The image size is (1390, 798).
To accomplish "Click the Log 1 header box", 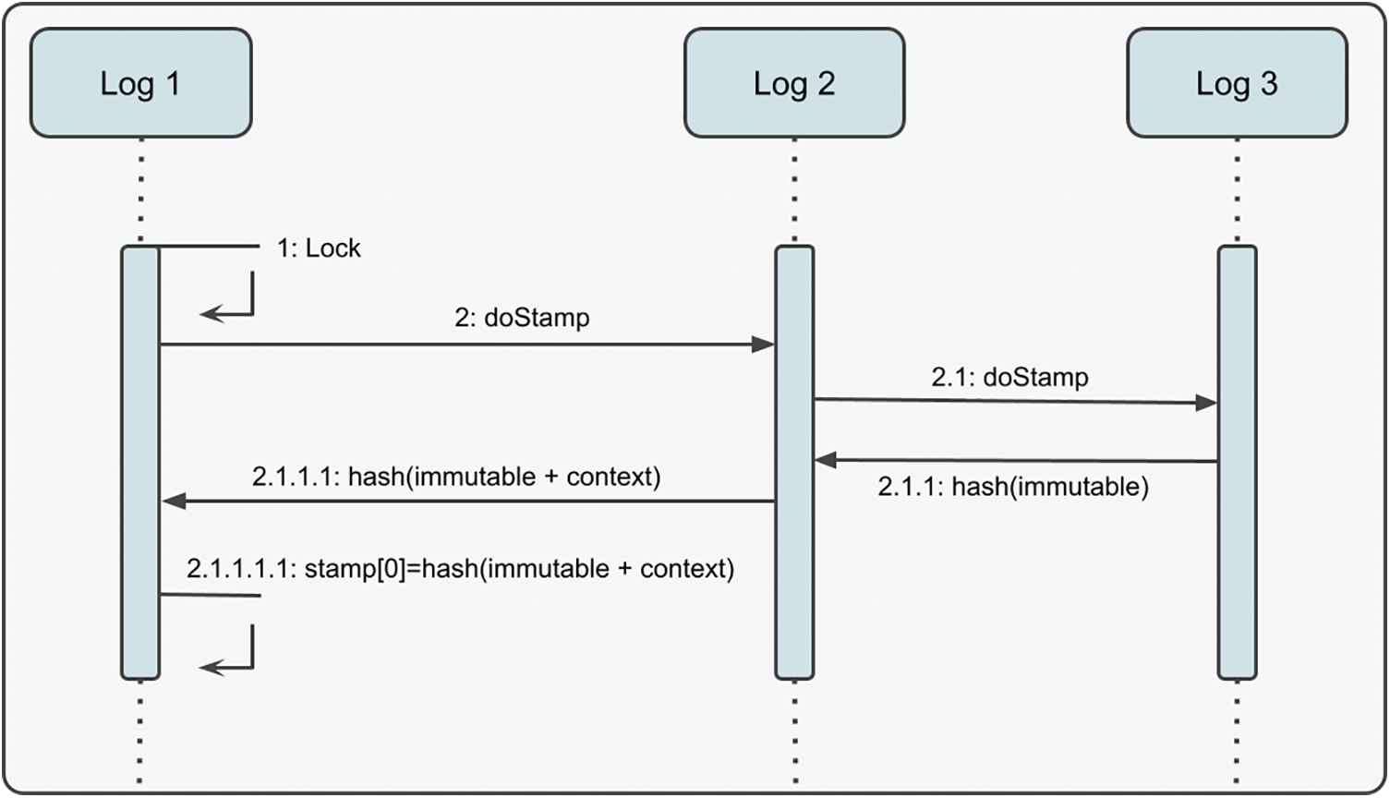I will point(140,83).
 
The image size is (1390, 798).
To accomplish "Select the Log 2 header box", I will point(793,83).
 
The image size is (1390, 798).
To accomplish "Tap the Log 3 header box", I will point(1236,83).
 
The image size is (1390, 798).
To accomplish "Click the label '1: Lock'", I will point(319,248).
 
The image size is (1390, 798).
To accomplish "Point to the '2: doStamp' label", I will point(522,318).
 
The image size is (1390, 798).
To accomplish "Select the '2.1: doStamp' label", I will point(1009,377).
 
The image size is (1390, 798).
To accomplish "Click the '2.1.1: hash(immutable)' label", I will point(1013,487).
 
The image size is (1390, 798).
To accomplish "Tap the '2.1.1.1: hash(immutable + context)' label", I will point(456,477).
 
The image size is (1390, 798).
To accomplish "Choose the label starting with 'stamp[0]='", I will point(460,568).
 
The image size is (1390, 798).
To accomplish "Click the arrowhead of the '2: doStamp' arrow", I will point(763,345).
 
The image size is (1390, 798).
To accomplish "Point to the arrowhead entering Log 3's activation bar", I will point(1205,403).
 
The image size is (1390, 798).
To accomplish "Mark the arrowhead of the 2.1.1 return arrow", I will point(826,459).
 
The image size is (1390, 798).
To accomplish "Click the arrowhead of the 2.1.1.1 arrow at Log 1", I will point(174,502).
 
